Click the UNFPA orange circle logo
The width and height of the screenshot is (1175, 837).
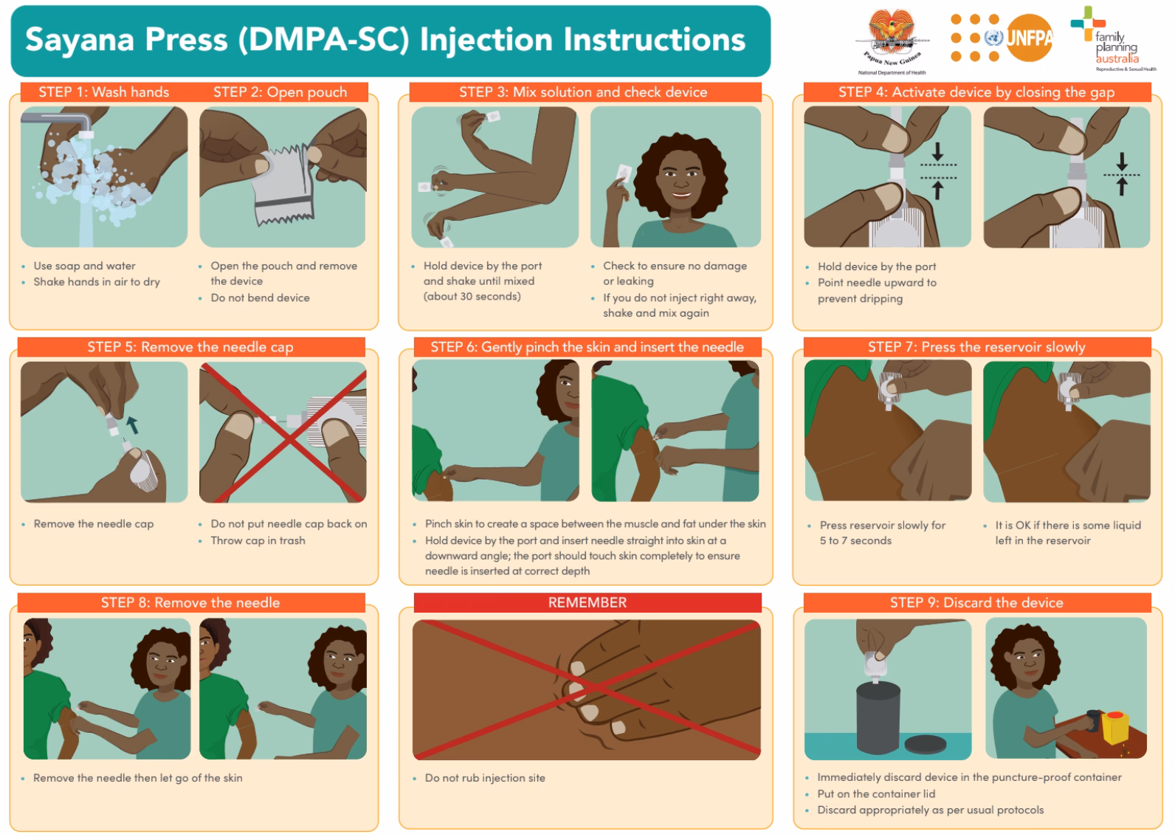1028,37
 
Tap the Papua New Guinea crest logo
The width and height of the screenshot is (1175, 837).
891,37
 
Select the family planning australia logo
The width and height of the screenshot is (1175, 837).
1114,41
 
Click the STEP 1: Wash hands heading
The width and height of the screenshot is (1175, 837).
103,92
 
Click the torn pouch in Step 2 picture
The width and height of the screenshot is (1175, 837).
283,185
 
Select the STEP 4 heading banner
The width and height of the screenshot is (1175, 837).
976,92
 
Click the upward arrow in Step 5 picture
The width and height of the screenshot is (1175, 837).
132,424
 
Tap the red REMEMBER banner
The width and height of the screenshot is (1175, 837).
587,602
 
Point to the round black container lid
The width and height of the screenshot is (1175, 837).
925,744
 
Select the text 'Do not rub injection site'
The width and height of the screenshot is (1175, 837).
485,778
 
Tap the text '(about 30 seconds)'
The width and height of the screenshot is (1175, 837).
472,296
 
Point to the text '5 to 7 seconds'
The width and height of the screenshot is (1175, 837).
855,540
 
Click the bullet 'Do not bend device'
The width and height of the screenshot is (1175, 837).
260,297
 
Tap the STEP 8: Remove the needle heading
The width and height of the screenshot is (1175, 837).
190,602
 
